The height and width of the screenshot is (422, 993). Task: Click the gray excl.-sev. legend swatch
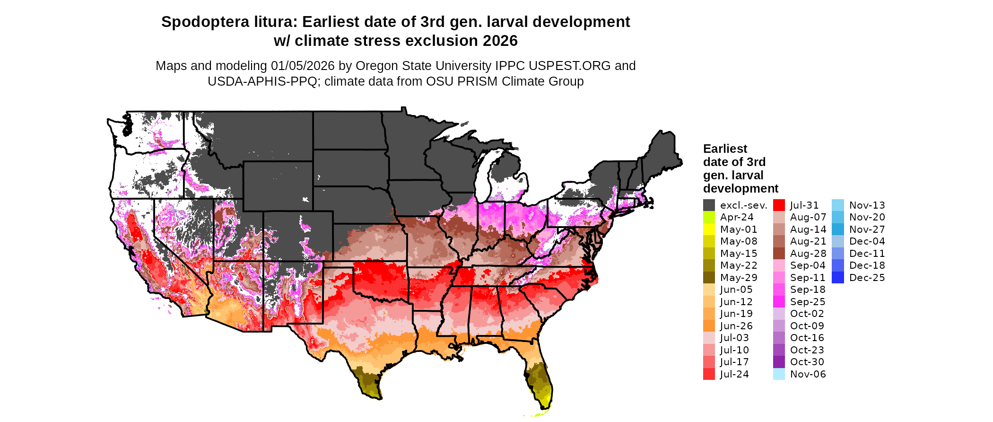pyautogui.click(x=709, y=205)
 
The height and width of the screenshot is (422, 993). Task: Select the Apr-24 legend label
pyautogui.click(x=736, y=217)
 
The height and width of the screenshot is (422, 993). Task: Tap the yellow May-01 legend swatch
pyautogui.click(x=709, y=229)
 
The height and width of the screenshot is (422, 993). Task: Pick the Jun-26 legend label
pyautogui.click(x=736, y=326)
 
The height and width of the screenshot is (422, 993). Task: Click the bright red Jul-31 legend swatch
pyautogui.click(x=779, y=205)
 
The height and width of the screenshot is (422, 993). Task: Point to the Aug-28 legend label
pyautogui.click(x=808, y=254)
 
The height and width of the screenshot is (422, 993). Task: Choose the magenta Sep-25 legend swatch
pyautogui.click(x=779, y=302)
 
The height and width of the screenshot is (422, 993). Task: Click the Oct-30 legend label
pyautogui.click(x=807, y=362)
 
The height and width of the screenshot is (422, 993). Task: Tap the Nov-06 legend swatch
pyautogui.click(x=779, y=374)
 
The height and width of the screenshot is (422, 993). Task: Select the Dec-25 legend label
pyautogui.click(x=867, y=278)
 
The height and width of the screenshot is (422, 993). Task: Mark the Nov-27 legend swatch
pyautogui.click(x=837, y=229)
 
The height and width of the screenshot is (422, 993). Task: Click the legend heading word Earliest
pyautogui.click(x=725, y=149)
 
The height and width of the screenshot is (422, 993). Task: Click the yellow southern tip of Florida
pyautogui.click(x=545, y=401)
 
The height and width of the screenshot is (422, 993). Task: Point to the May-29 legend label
pyautogui.click(x=738, y=278)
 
